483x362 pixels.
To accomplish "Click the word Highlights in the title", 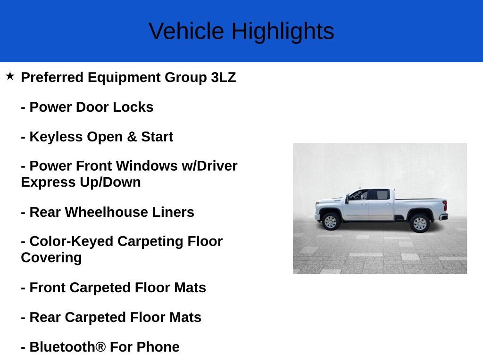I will coord(283,31).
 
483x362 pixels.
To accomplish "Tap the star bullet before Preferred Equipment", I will coord(10,76).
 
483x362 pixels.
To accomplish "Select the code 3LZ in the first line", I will coord(223,77).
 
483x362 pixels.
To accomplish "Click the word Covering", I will coord(51,258).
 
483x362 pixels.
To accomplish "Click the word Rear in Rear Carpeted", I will coord(45,317).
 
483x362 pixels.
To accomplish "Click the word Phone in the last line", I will coord(158,347).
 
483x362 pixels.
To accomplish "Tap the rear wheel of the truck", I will coord(419,222).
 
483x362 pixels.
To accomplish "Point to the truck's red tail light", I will coord(444,206).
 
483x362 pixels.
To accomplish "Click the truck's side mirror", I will coord(347,199).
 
